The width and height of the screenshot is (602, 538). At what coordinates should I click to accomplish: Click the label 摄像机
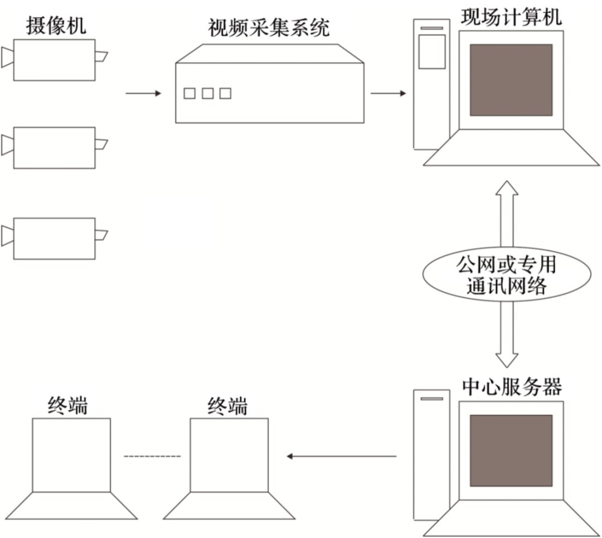point(56,25)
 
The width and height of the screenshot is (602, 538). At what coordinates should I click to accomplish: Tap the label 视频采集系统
point(269,27)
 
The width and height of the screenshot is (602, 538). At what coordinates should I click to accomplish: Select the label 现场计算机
point(511,17)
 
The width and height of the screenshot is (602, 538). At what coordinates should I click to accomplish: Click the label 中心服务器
point(511,386)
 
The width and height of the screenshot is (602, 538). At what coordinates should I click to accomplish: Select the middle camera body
point(54,147)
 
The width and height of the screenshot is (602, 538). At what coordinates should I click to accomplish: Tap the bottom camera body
point(54,238)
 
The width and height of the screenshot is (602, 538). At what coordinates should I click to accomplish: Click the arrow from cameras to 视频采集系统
point(143,93)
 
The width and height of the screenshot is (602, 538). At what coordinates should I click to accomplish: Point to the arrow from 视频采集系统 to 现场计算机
point(389,93)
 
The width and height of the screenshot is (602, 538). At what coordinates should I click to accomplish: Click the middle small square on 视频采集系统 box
point(207,94)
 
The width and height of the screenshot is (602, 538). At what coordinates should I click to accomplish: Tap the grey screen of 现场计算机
point(511,80)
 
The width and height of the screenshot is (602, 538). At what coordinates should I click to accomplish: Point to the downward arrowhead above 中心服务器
point(507,360)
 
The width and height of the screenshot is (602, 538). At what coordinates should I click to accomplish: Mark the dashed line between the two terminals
point(152,457)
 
